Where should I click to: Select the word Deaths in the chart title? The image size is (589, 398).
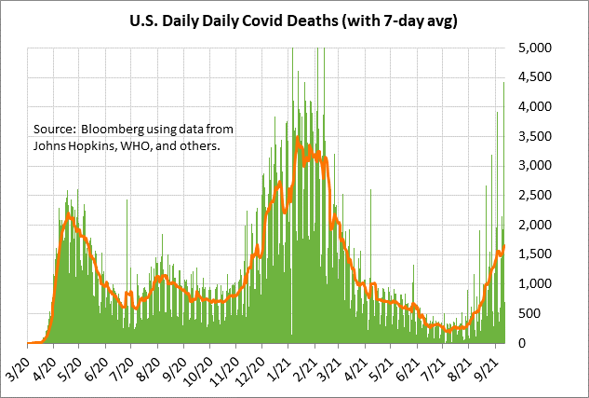pos(335,19)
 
